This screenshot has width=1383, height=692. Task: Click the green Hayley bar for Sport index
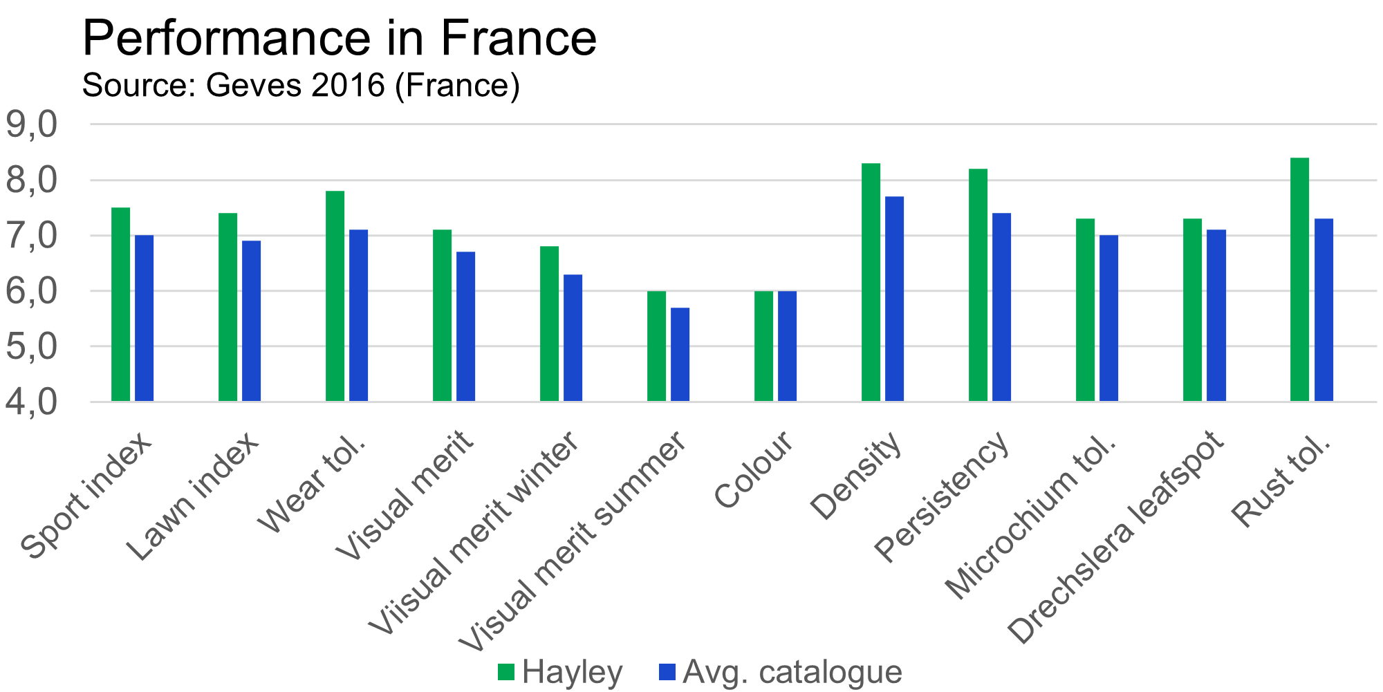121,304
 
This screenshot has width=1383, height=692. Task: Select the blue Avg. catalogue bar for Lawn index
252,321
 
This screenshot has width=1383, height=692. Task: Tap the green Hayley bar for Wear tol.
335,296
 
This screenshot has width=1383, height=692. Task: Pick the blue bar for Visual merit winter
573,337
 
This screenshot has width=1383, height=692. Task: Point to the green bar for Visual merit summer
657,346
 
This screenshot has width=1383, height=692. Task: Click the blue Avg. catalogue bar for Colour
788,346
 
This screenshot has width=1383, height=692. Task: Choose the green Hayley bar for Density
871,282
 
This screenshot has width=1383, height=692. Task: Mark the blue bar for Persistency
1002,307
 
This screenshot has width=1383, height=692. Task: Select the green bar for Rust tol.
1300,279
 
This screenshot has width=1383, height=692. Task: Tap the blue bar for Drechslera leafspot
1216,315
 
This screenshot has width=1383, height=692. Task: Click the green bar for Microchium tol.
1086,310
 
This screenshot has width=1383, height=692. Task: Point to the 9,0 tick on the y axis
30,125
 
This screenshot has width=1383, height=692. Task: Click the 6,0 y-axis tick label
30,292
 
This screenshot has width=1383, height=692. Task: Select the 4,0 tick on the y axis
30,402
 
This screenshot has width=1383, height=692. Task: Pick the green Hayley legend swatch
506,672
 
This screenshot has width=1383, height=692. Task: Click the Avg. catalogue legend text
792,672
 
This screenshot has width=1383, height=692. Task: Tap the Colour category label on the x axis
754,470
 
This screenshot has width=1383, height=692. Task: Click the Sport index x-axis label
86,495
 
